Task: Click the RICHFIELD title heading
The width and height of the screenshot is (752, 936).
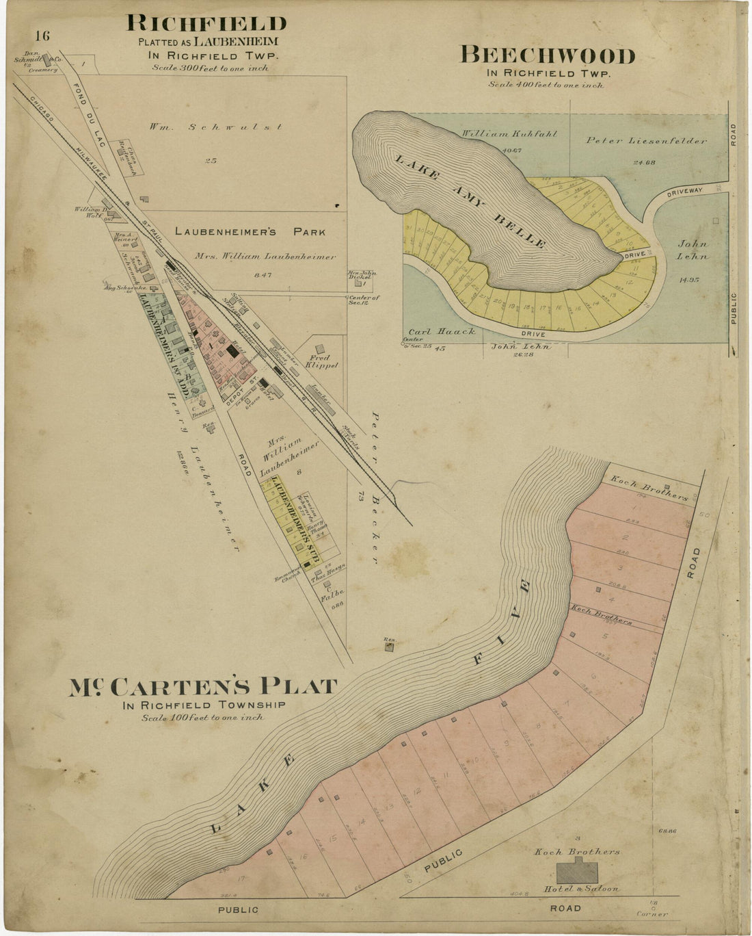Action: [206, 23]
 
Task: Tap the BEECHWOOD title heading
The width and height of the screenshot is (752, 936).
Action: [547, 55]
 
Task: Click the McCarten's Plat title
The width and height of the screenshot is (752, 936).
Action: [202, 687]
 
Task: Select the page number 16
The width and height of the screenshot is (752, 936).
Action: [42, 36]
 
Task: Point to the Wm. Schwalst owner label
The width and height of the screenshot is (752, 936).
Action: [215, 127]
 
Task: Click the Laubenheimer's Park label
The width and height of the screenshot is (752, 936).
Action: [250, 232]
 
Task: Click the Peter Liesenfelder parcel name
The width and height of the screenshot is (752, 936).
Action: [646, 141]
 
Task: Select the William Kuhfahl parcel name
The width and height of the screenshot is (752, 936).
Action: [509, 133]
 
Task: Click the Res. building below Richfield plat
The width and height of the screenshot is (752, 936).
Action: [389, 645]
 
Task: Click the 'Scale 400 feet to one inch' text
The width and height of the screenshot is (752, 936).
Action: [546, 85]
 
